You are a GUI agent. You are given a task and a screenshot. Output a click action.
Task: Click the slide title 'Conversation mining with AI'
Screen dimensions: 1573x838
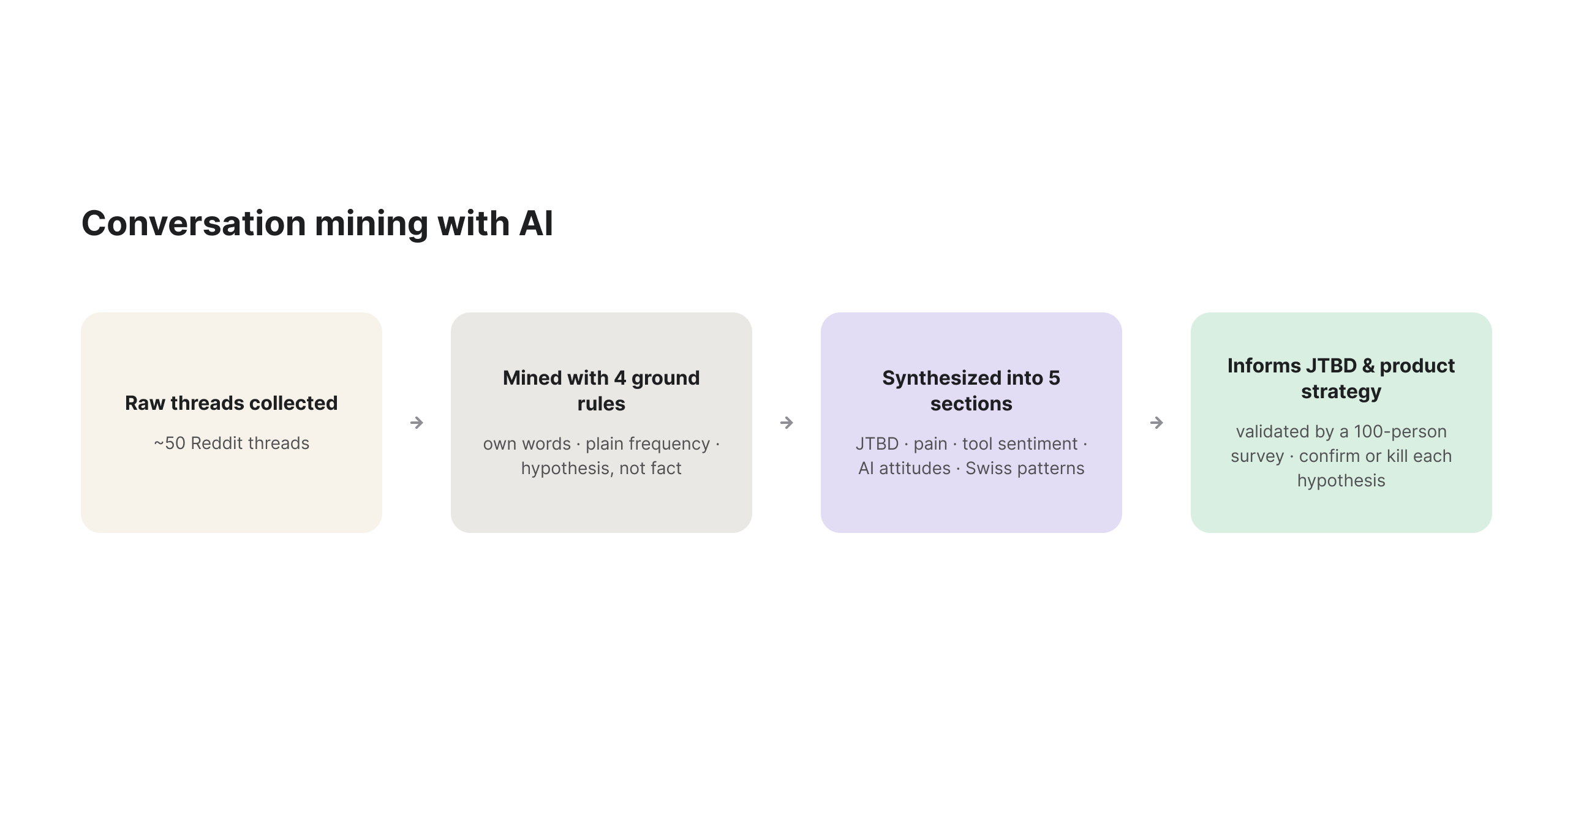tap(317, 223)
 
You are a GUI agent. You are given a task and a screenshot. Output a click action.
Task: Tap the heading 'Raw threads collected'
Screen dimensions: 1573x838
tap(232, 403)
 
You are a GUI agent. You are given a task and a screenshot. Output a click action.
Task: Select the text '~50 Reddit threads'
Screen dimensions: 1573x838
tap(232, 443)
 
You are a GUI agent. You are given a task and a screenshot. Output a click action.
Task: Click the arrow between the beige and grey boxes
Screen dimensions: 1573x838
tap(417, 423)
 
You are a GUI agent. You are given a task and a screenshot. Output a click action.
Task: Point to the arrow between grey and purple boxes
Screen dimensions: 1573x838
tap(786, 423)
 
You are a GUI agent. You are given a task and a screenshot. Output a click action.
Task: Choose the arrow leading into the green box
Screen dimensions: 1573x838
tap(1156, 423)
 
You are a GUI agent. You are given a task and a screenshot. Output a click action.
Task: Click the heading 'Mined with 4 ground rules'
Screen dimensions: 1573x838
tap(602, 391)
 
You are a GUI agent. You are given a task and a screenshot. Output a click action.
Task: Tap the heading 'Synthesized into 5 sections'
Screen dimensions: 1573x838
tap(971, 391)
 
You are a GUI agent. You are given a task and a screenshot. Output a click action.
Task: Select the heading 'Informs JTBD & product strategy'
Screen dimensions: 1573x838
tap(1341, 379)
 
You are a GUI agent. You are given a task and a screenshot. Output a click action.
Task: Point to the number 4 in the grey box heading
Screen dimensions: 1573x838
tap(620, 378)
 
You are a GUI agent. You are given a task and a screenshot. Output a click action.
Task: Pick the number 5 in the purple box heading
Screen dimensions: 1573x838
tap(1054, 378)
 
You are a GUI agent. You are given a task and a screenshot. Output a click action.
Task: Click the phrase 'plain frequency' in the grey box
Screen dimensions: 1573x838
tap(647, 444)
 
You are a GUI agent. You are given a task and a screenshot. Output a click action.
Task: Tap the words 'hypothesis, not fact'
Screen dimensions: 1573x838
tap(602, 468)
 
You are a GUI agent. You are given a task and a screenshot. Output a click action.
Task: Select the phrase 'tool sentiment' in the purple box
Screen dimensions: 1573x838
tap(1020, 444)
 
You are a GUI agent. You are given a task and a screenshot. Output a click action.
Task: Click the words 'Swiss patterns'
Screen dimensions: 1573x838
tap(1025, 468)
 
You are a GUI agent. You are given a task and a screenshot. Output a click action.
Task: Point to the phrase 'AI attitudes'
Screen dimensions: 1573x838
tap(905, 468)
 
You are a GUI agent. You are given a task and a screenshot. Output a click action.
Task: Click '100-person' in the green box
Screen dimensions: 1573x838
tap(1400, 431)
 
